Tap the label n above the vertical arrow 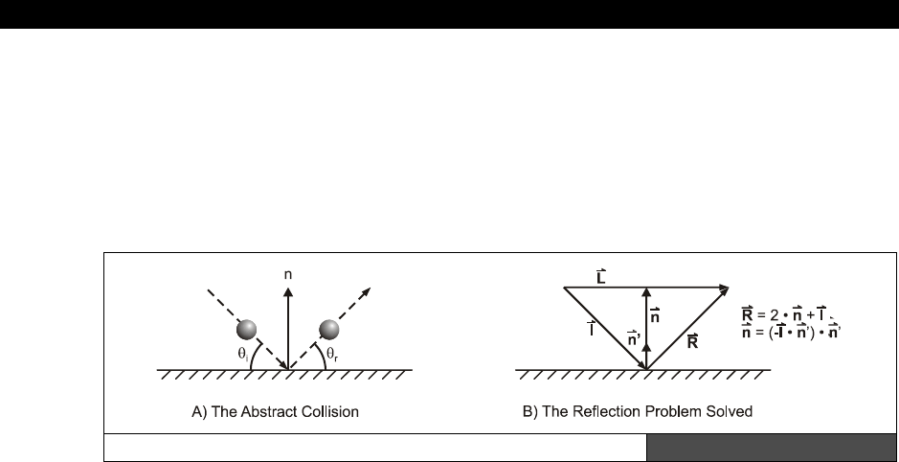pos(288,273)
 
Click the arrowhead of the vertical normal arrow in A pos(288,289)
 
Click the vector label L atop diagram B pos(599,275)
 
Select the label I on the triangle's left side pos(593,328)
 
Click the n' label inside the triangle pos(633,337)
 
